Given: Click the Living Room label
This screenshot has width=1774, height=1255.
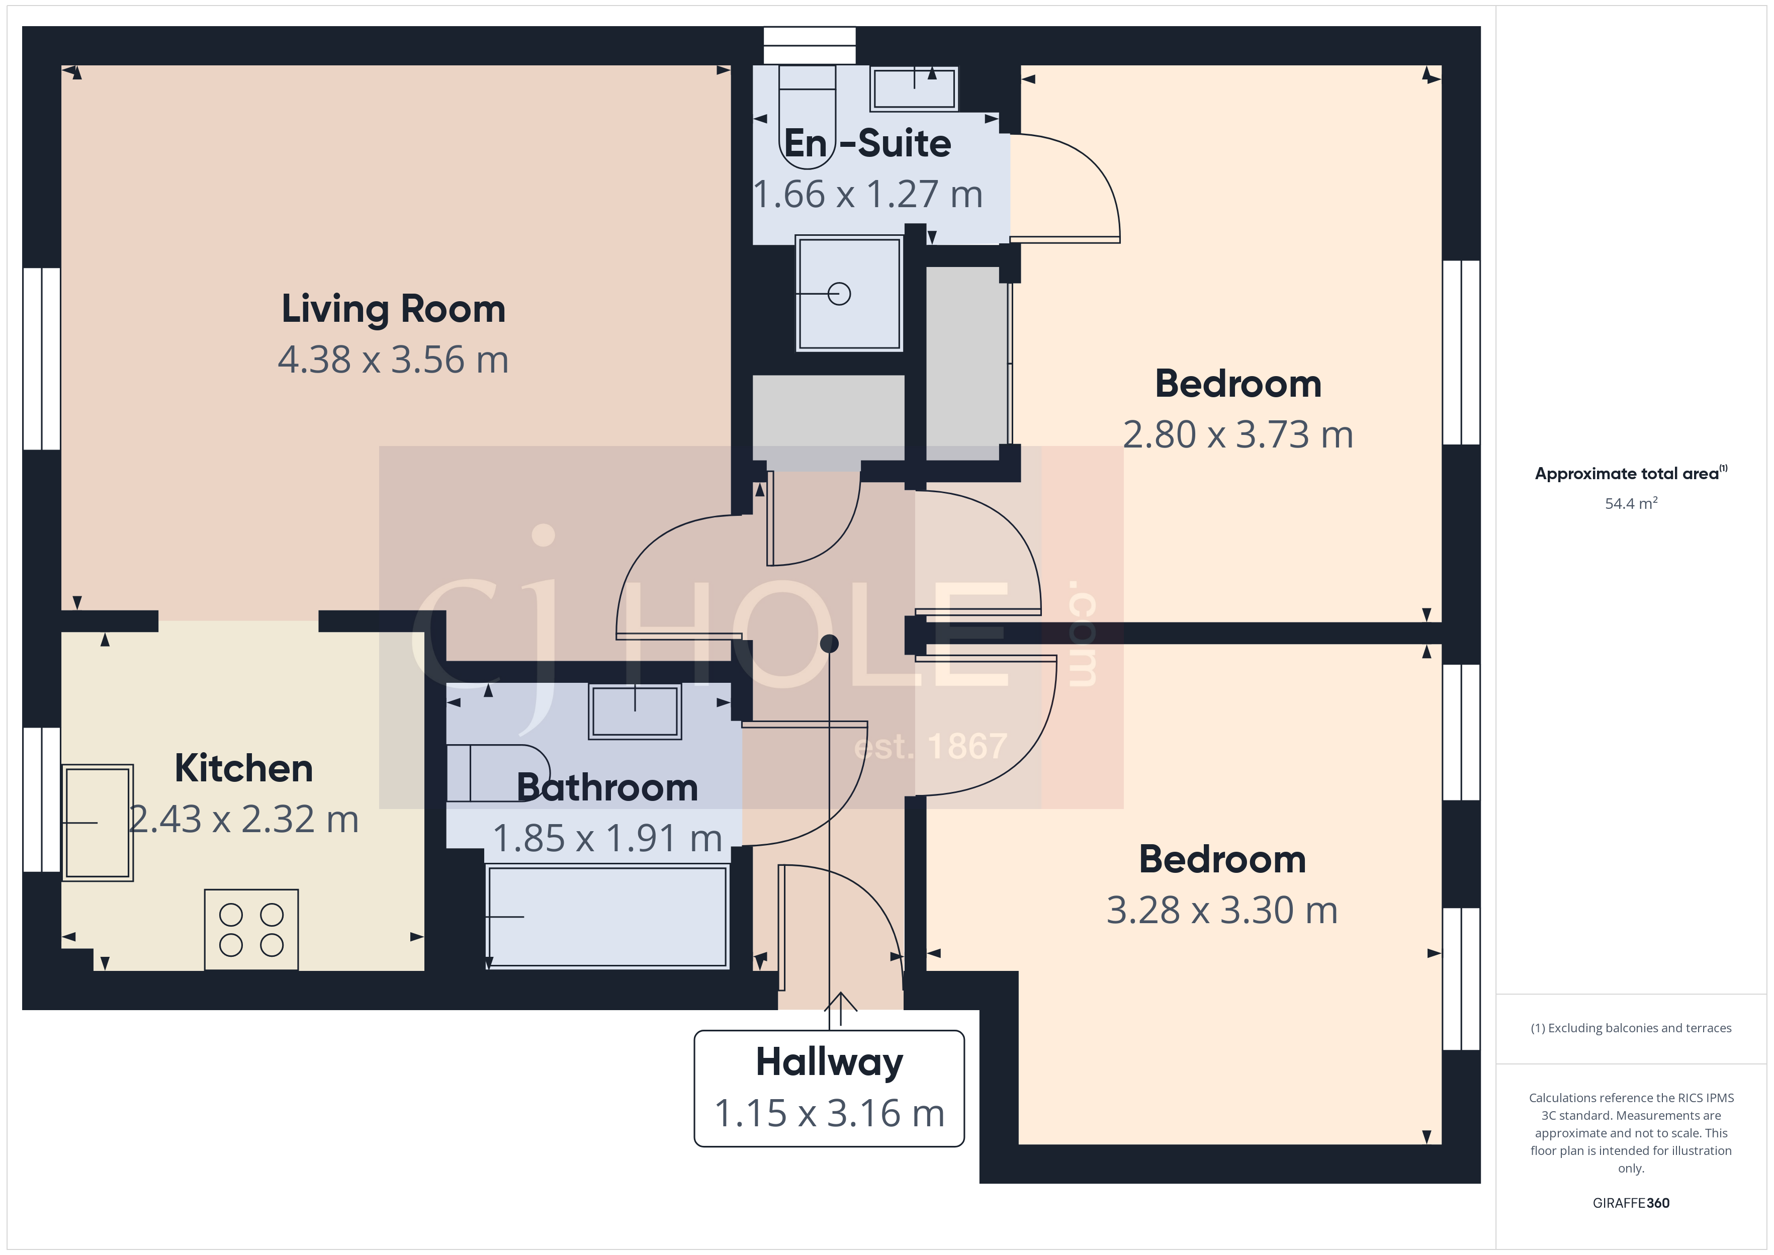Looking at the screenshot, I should [x=393, y=309].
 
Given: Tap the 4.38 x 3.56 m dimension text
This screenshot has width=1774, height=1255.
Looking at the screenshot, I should [x=393, y=360].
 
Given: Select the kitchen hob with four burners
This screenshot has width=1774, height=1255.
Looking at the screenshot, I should [x=251, y=930].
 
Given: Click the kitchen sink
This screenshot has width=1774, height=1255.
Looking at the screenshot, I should [x=98, y=822].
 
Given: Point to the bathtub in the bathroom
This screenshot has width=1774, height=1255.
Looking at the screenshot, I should [x=607, y=917].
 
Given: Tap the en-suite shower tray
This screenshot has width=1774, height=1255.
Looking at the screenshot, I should [x=849, y=294].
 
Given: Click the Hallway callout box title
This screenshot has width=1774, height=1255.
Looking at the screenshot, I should [x=829, y=1062].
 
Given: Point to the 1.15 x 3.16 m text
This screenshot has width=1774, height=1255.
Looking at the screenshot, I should [x=829, y=1114].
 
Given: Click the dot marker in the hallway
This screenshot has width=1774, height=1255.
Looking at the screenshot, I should [x=829, y=643].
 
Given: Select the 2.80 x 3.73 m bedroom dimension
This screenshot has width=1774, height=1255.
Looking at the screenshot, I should [x=1238, y=435].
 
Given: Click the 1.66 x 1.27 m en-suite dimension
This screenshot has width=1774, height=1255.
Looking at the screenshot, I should [x=868, y=195].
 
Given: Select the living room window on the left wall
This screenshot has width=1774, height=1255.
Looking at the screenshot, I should [x=42, y=358].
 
